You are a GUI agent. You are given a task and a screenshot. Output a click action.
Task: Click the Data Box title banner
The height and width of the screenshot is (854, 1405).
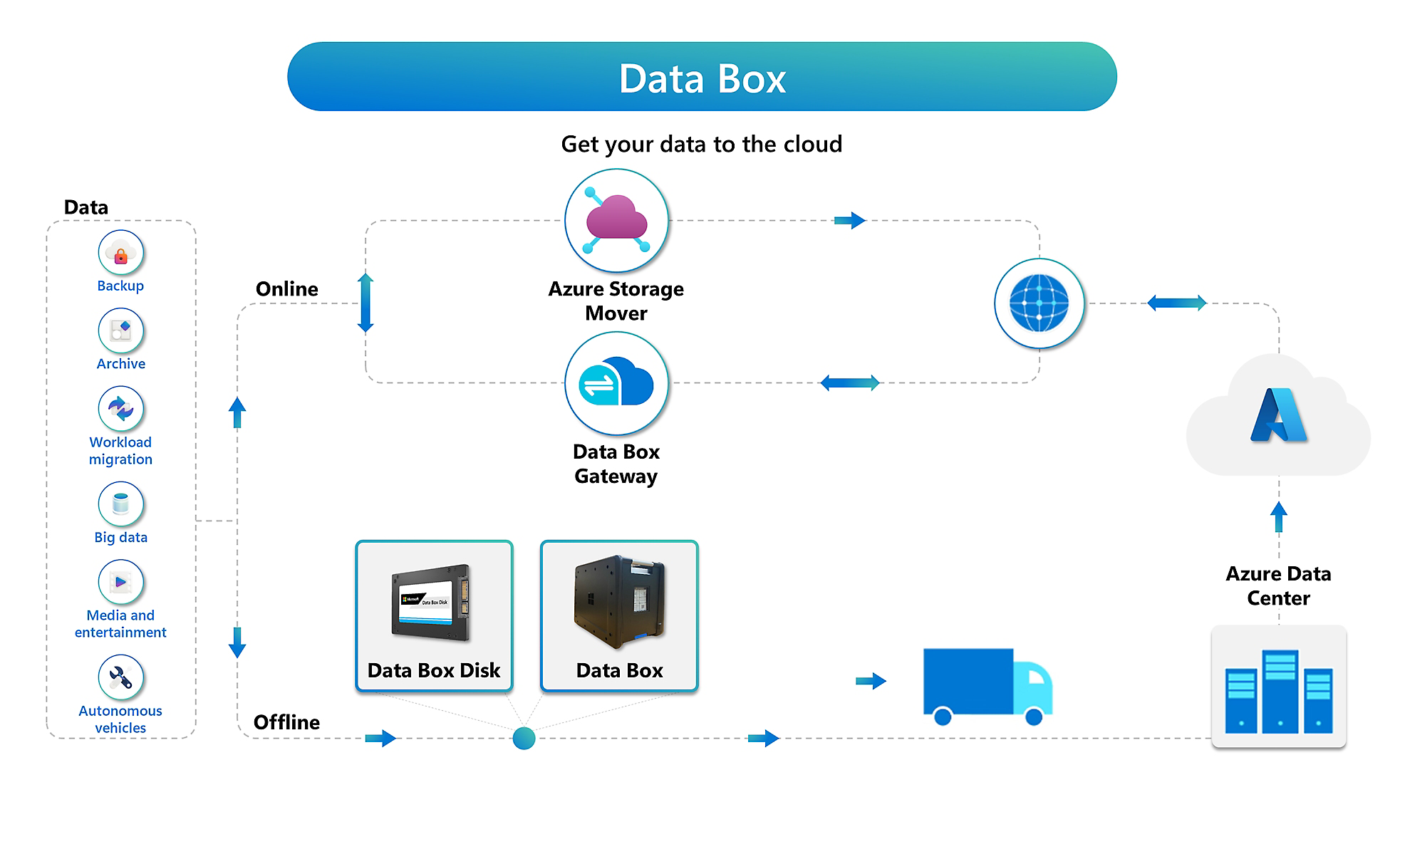(702, 77)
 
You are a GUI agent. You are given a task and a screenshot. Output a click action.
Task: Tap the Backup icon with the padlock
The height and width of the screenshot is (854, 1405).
(120, 253)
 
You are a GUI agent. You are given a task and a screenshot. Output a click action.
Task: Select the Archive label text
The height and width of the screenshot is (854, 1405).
(120, 364)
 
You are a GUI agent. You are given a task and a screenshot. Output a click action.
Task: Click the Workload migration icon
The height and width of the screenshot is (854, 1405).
(120, 409)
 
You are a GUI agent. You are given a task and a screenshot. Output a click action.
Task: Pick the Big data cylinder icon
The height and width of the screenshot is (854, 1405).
(120, 504)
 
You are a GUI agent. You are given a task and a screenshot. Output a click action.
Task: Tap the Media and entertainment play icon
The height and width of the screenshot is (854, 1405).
(120, 583)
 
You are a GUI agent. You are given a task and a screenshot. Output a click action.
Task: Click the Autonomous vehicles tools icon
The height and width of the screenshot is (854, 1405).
(120, 677)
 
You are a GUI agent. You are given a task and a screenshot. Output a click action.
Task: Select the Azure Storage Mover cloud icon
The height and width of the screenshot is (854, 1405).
(616, 220)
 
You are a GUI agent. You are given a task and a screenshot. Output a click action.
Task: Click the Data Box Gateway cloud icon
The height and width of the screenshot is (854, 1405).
(616, 383)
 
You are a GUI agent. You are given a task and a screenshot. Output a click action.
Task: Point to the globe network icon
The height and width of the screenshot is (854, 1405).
(1039, 303)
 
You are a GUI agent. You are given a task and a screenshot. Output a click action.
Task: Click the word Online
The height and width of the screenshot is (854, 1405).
(286, 289)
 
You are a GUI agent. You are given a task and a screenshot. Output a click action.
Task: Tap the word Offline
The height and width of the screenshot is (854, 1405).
(286, 722)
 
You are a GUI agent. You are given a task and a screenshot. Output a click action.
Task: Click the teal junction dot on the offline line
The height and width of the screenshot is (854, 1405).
(524, 738)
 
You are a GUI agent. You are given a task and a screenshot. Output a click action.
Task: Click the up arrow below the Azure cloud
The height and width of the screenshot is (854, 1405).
(1278, 516)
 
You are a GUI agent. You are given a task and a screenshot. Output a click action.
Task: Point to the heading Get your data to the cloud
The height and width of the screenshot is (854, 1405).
(701, 145)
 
